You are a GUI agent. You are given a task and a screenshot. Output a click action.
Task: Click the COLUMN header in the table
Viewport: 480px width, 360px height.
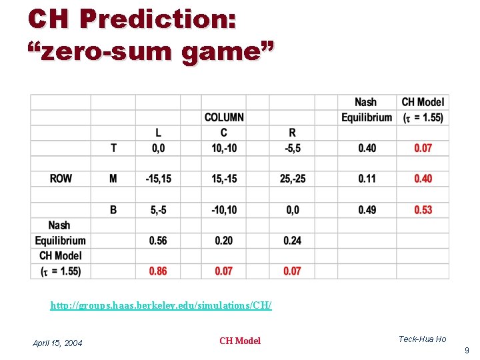(224, 117)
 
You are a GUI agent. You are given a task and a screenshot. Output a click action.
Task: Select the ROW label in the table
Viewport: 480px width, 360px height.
(61, 179)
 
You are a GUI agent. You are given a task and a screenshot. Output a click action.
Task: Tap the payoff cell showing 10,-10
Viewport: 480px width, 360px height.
(224, 148)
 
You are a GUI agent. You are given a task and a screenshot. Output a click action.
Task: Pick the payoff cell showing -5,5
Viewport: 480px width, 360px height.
(292, 148)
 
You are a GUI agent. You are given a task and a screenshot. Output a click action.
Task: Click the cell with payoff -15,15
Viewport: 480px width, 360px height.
(158, 179)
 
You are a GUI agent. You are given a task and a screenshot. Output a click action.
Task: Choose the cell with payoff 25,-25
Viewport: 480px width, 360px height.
(292, 179)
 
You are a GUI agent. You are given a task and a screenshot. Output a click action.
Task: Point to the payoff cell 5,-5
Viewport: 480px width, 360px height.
(158, 210)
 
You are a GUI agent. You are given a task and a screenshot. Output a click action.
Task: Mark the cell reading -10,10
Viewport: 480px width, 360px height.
(224, 210)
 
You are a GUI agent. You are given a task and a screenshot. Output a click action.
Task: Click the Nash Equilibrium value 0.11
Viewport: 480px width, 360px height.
(367, 179)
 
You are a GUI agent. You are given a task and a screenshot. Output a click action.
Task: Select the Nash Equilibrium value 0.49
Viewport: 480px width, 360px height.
(367, 210)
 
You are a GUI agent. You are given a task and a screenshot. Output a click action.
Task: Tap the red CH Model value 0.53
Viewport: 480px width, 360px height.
(423, 210)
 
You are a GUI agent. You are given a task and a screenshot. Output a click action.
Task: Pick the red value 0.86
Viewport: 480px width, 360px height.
(158, 271)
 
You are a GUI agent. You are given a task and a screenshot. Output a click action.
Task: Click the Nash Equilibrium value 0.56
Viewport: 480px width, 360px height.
(158, 240)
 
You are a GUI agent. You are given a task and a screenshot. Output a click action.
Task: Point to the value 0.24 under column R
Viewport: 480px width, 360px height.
(292, 240)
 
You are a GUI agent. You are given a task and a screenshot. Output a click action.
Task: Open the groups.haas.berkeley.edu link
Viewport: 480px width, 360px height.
(161, 305)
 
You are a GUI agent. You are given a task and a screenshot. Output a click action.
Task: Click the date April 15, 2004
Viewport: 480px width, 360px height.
(57, 343)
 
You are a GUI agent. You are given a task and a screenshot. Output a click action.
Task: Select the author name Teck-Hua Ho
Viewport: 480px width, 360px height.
(422, 339)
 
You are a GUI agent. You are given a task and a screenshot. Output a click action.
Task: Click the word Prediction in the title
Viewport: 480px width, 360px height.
(157, 19)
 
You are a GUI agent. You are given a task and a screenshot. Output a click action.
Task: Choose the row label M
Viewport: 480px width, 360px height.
(113, 179)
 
